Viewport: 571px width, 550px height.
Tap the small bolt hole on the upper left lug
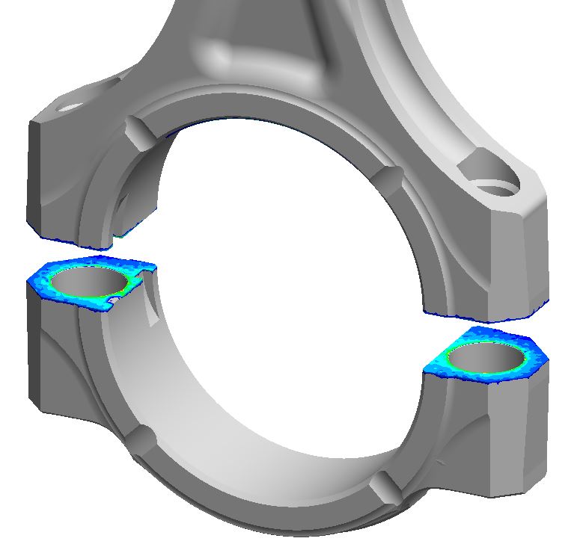69,108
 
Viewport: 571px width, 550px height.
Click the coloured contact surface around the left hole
52,284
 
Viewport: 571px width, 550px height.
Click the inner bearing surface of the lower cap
247,389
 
